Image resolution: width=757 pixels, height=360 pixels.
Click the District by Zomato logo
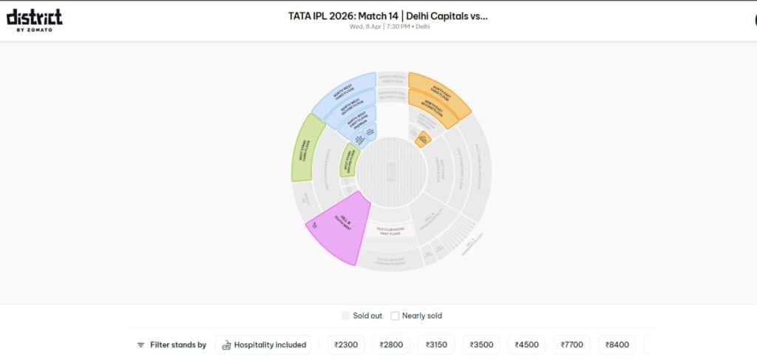click(x=34, y=20)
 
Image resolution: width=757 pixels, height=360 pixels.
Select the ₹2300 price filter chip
click(x=346, y=344)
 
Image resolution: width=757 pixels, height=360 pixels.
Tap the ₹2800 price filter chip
click(x=392, y=344)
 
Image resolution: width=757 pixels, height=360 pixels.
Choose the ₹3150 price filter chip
click(x=436, y=344)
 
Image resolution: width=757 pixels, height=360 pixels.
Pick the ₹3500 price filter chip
click(x=481, y=344)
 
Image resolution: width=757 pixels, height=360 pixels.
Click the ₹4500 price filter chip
click(x=526, y=344)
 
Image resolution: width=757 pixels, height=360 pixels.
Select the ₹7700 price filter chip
click(x=572, y=344)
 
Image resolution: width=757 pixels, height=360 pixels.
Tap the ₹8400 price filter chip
click(x=617, y=344)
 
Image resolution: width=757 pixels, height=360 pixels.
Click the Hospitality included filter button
click(x=263, y=344)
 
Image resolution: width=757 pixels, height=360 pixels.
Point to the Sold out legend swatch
click(x=345, y=316)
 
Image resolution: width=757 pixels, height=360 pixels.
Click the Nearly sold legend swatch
click(x=395, y=316)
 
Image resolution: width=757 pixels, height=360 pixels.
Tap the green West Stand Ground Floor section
click(x=347, y=160)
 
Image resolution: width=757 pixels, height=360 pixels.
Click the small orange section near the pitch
click(x=423, y=138)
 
